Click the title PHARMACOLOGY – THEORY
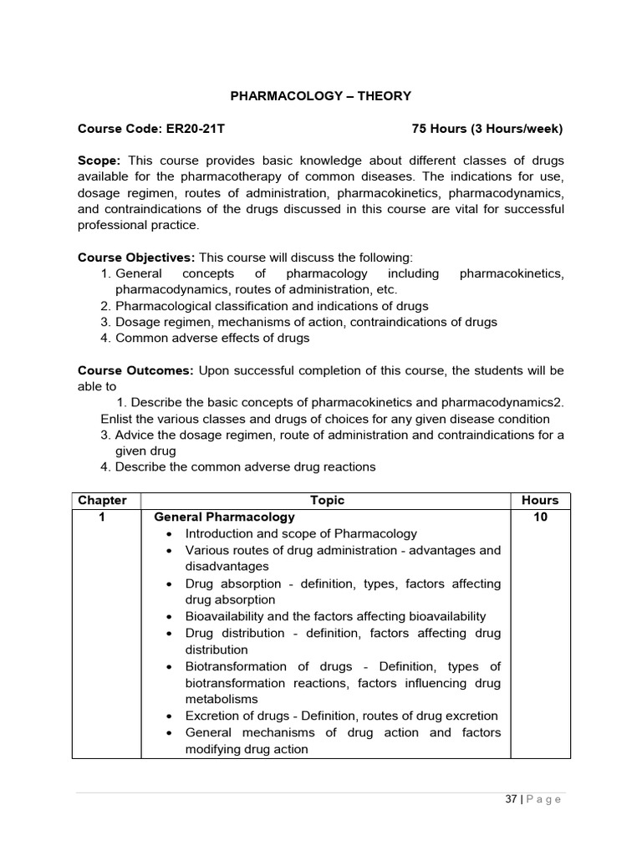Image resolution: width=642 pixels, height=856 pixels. click(321, 96)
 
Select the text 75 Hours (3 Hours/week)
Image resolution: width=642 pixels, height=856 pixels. click(487, 129)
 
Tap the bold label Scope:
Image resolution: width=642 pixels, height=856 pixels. click(99, 160)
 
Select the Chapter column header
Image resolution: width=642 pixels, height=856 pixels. click(103, 501)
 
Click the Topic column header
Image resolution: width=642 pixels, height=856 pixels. click(327, 501)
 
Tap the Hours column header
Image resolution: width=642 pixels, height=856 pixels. click(540, 501)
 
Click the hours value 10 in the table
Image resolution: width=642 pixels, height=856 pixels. click(540, 517)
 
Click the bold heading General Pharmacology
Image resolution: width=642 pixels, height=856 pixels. click(225, 517)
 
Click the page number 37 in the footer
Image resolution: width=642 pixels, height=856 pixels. click(511, 799)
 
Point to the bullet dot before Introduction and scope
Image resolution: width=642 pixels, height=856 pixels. click(170, 534)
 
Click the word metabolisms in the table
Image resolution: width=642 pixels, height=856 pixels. click(222, 699)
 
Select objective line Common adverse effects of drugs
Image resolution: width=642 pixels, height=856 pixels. click(212, 339)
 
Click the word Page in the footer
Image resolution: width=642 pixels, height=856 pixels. click(545, 799)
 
